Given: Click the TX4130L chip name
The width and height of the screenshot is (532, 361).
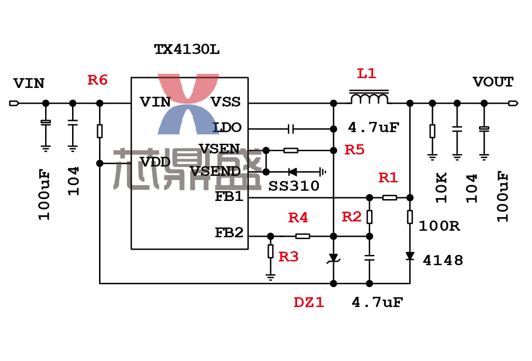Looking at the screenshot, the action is tap(186, 49).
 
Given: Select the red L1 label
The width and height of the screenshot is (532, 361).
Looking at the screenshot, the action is tap(366, 74).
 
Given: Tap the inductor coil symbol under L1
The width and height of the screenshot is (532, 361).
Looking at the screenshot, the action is tap(369, 97).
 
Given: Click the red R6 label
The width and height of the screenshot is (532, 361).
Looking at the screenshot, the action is tap(97, 80).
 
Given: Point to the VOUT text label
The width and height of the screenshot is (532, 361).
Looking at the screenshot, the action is tap(493, 82).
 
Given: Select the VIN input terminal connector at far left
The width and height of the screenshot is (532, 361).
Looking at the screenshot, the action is tap(14, 103).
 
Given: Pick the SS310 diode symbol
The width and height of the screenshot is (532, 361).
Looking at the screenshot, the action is tap(293, 172).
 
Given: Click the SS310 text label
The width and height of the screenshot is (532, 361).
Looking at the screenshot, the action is tap(294, 186).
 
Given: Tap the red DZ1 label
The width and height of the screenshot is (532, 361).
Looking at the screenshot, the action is tap(309, 302).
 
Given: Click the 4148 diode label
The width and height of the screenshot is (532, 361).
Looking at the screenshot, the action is tap(443, 261).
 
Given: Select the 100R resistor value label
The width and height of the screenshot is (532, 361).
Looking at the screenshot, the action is tap(439, 226).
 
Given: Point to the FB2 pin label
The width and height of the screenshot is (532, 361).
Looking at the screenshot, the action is tap(229, 233).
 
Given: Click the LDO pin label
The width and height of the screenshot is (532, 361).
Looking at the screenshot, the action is tap(227, 127).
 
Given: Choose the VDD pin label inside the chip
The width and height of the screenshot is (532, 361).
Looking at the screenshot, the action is tap(155, 162).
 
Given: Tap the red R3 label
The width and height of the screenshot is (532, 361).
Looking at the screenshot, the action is tap(288, 257).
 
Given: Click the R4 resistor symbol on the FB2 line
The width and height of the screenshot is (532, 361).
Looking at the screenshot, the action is tap(303, 236).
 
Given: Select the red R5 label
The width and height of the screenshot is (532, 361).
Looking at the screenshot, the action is tap(354, 150).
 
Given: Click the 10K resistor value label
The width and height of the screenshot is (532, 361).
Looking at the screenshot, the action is tap(441, 187).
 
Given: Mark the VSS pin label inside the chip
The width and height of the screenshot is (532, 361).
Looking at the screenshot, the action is tap(226, 102).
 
